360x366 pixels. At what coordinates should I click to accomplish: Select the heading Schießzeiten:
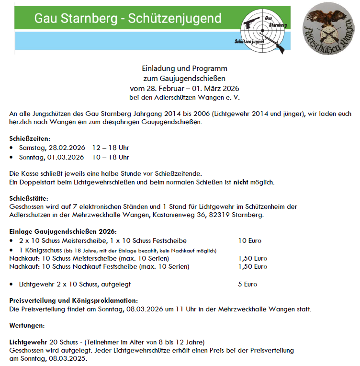[x=28, y=139]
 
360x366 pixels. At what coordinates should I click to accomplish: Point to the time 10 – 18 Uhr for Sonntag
[x=111, y=157]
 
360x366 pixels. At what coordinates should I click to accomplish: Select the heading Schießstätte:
[x=28, y=198]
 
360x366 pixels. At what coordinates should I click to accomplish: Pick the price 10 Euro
[x=250, y=240]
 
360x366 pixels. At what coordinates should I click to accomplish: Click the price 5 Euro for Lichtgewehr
[x=247, y=284]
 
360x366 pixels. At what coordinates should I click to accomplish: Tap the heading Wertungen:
[x=27, y=325]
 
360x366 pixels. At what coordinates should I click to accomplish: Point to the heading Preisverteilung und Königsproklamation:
[x=74, y=300]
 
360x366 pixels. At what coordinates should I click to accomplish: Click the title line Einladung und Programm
[x=184, y=69]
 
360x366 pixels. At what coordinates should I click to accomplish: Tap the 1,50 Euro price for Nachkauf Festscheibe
[x=253, y=266]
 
